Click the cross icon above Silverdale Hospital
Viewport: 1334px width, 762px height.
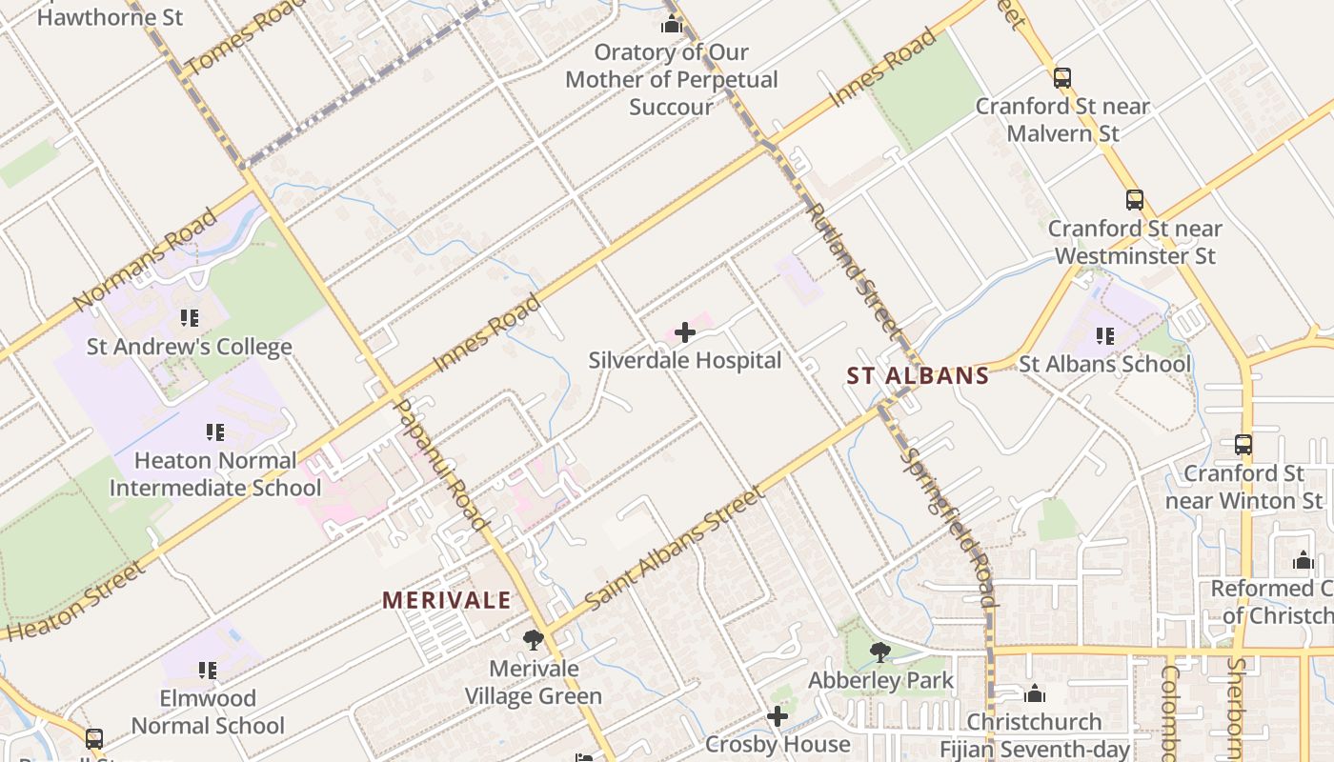[x=684, y=332]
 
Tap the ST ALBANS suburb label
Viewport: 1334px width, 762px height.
[x=918, y=376]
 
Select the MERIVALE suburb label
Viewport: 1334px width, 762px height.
[x=447, y=600]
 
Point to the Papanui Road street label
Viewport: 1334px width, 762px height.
[x=440, y=464]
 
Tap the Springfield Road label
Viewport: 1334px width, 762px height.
[x=949, y=527]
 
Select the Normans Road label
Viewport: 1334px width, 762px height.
[x=145, y=259]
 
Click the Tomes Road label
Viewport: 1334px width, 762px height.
[x=234, y=38]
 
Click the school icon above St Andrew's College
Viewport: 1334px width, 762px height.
[x=189, y=317]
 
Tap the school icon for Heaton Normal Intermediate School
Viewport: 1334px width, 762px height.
[x=215, y=432]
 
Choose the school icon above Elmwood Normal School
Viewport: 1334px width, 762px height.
[x=207, y=671]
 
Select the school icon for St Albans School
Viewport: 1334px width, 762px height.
[x=1105, y=335]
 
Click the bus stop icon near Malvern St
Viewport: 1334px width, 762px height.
[x=1062, y=78]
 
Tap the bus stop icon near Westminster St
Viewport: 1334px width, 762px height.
[x=1134, y=200]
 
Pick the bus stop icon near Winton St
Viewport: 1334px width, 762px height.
[x=1243, y=444]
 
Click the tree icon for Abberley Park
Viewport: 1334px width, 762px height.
[x=879, y=652]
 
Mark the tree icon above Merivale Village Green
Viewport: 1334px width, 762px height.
[x=533, y=640]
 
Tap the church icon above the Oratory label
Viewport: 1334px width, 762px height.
[x=672, y=24]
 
